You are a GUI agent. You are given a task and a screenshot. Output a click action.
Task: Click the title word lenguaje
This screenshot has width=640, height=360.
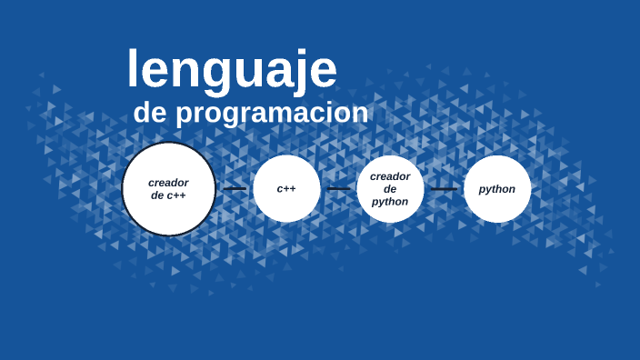232,69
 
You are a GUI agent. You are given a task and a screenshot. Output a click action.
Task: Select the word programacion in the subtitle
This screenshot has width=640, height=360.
272,113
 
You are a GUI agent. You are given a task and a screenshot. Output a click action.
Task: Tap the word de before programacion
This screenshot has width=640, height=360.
150,113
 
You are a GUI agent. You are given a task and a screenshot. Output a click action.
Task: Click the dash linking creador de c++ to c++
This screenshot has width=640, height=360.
235,189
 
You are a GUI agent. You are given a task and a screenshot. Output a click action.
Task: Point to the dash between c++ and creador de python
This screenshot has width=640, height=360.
338,189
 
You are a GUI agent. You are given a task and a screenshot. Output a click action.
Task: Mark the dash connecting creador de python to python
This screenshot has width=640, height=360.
444,189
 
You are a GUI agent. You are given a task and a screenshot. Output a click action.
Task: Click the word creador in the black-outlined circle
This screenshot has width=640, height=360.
168,183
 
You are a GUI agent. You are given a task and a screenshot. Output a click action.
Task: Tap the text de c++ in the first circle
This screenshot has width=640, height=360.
168,195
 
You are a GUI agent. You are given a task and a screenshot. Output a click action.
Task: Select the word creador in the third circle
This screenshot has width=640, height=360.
390,176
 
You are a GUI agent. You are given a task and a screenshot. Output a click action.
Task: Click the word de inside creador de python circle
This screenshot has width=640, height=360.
390,189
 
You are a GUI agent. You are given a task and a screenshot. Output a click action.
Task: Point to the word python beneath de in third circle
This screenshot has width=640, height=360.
390,202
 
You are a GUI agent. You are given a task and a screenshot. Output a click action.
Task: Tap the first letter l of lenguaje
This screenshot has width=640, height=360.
133,67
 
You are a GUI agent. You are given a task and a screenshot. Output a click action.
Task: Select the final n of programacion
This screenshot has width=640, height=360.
360,114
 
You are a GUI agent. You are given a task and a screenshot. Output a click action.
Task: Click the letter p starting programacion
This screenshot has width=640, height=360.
183,115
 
